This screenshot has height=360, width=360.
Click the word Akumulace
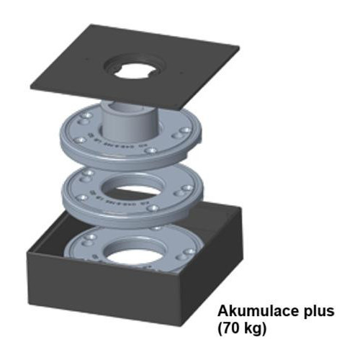point(256,311)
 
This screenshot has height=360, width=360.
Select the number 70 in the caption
point(232,328)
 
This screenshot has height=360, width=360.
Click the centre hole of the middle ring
point(132,189)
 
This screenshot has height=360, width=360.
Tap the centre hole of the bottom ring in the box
point(134,255)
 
